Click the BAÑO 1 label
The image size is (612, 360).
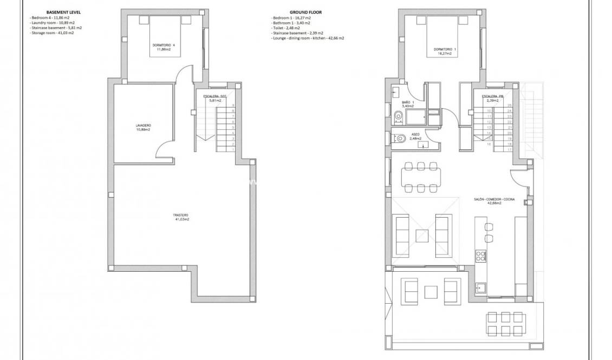click(408, 104)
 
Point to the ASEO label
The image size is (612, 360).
click(415, 136)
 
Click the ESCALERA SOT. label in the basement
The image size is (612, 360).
click(215, 98)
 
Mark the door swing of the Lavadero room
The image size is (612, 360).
click(165, 145)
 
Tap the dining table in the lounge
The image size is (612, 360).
click(421, 176)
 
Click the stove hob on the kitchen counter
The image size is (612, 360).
click(480, 256)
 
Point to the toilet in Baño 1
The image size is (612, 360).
click(399, 115)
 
